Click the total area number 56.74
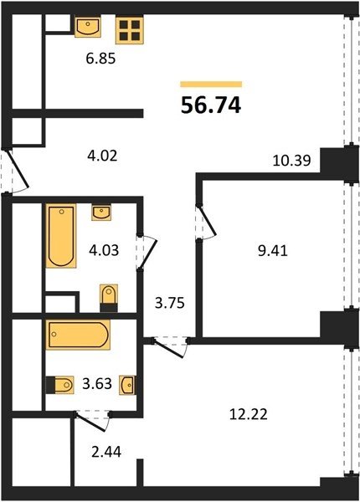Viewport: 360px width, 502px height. pos(211,105)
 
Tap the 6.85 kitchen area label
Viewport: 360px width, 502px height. pos(100,59)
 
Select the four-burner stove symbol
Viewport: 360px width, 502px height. pos(130,30)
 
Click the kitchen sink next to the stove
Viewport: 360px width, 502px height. pos(88,28)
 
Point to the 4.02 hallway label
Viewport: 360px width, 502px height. pos(102,156)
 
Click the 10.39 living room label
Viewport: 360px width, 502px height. pos(291,160)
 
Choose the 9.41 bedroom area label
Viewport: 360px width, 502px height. pos(273,251)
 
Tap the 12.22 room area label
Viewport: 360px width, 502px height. pos(249,415)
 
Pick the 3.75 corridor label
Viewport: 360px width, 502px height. pos(170,303)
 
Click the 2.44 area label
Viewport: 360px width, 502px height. pos(106,453)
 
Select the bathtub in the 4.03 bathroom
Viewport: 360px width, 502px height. pos(61,236)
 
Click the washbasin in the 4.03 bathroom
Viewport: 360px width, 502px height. pos(101,213)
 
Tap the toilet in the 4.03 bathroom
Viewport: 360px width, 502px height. pos(109,298)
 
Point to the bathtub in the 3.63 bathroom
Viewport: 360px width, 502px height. pos(78,335)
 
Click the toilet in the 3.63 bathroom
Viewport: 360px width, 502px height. pos(60,385)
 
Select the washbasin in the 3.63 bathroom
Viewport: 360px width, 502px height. pos(127,385)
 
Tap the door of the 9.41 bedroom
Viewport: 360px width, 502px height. pos(208,222)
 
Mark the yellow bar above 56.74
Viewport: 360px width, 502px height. pos(211,85)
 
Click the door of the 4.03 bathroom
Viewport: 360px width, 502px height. pos(149,252)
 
